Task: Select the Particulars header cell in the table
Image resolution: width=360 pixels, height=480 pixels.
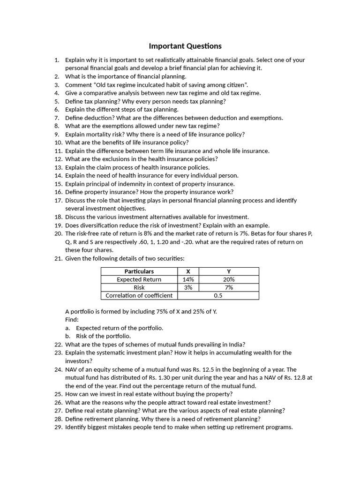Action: [x=139, y=271]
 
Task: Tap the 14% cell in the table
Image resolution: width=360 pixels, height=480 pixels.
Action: [x=188, y=279]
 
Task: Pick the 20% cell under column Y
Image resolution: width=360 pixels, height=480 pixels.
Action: [x=229, y=279]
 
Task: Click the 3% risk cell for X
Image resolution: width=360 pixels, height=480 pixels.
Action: [x=188, y=287]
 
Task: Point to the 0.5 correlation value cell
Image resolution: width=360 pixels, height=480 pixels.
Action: [x=217, y=295]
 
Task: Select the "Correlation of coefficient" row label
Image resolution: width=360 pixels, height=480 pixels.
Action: [x=139, y=295]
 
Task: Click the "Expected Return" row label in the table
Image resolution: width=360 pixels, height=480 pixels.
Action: [x=139, y=279]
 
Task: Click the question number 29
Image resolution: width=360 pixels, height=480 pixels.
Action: [x=58, y=427]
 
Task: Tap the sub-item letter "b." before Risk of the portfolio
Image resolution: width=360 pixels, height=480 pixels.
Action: [x=68, y=337]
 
